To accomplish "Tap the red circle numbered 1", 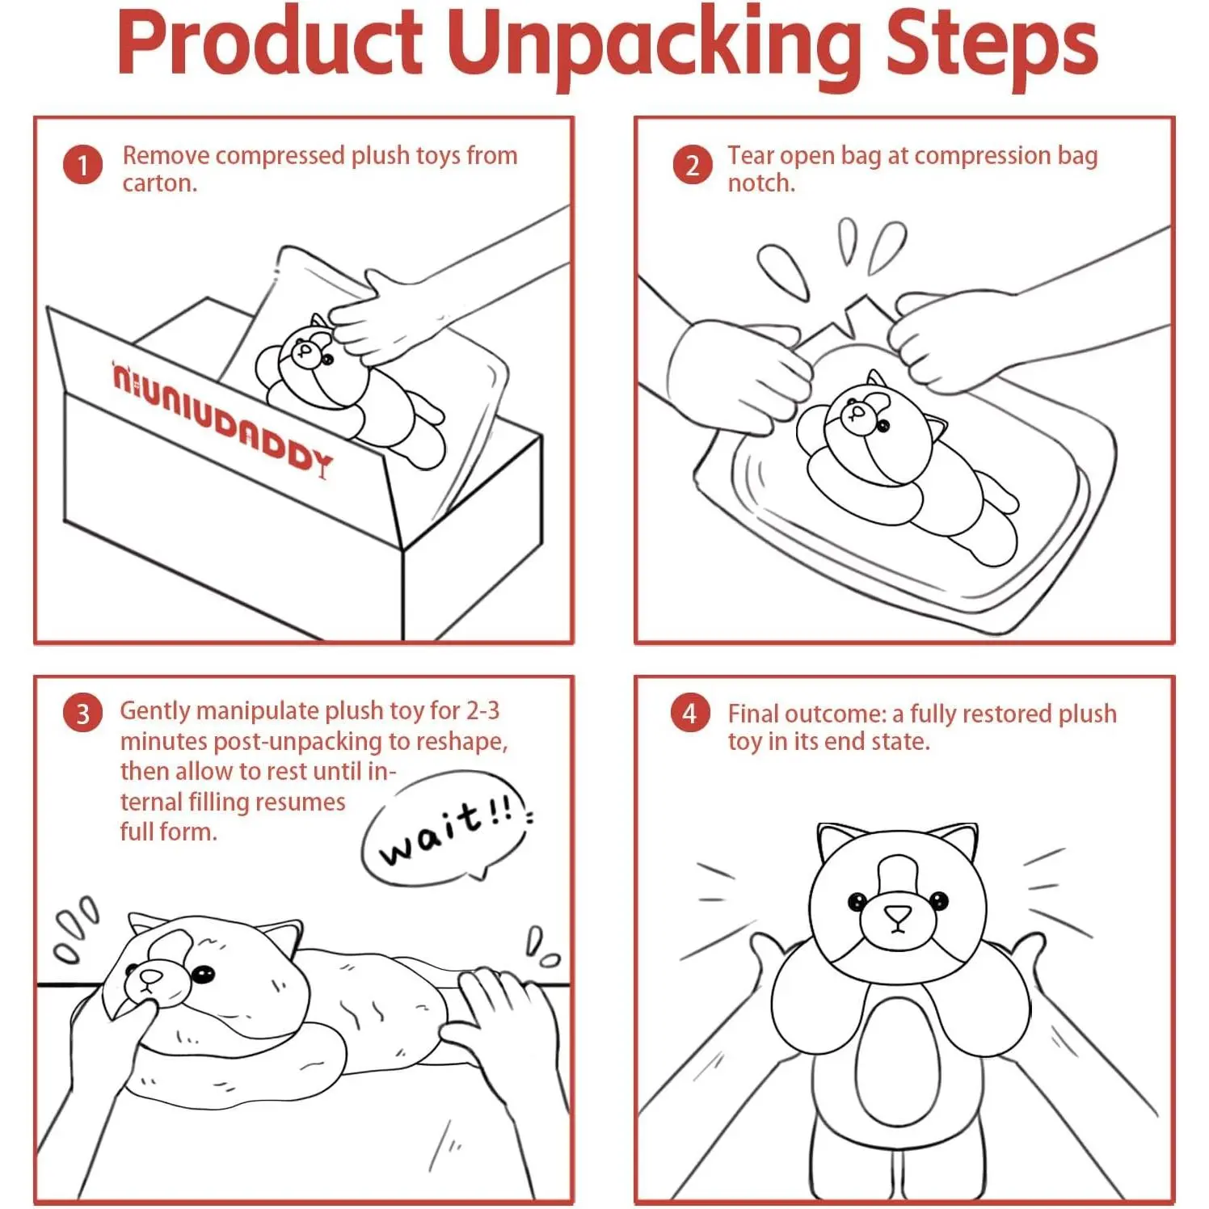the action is [82, 165].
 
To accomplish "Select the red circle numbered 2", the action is [693, 165].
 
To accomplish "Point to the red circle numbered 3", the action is [82, 714].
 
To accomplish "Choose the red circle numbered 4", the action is [689, 713].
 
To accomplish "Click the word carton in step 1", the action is [158, 183].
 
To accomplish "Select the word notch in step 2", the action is [760, 183].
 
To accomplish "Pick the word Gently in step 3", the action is [155, 711].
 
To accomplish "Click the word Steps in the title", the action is [992, 46].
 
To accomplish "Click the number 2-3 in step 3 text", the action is [482, 710].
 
